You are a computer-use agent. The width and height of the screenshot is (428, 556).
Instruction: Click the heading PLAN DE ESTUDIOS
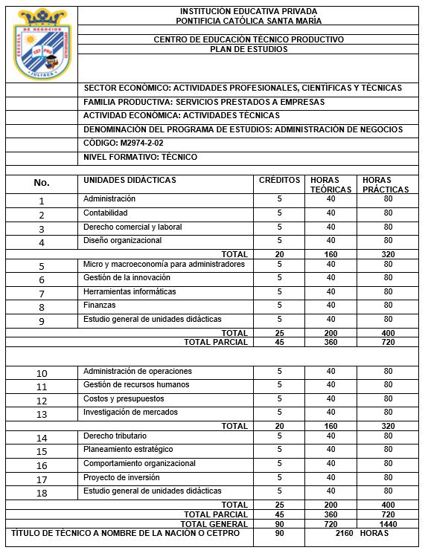click(x=248, y=49)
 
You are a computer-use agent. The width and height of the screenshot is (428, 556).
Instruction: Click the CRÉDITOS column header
click(x=279, y=181)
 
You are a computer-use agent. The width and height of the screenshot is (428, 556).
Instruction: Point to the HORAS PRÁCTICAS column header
click(x=386, y=185)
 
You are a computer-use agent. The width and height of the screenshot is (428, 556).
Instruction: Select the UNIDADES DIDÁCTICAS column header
click(x=130, y=181)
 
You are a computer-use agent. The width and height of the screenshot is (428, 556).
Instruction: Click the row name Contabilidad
click(x=106, y=213)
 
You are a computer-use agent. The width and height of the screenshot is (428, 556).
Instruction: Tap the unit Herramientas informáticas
click(x=130, y=292)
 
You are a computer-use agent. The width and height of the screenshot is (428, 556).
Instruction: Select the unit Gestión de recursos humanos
click(x=136, y=385)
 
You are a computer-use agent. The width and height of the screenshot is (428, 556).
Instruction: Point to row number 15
click(x=42, y=451)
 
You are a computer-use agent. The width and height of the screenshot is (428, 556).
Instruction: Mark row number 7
click(x=42, y=294)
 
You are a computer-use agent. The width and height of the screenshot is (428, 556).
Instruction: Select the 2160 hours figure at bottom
click(x=343, y=534)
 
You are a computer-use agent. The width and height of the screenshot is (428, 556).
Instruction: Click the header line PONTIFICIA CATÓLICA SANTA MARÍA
click(x=248, y=20)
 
